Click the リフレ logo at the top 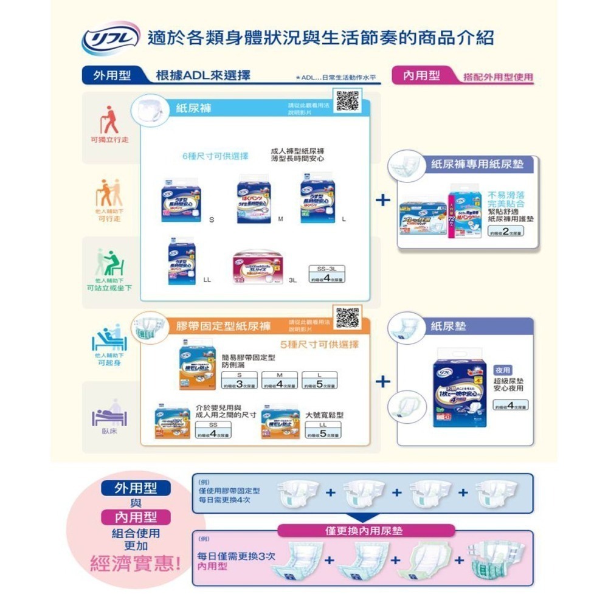pos(111,38)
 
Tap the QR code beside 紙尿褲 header pos(347,101)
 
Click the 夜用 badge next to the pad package pos(503,370)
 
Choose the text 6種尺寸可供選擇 pos(215,156)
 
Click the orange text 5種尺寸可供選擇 pos(320,345)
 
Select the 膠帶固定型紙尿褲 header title pos(223,326)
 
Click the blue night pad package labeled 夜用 pos(459,394)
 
